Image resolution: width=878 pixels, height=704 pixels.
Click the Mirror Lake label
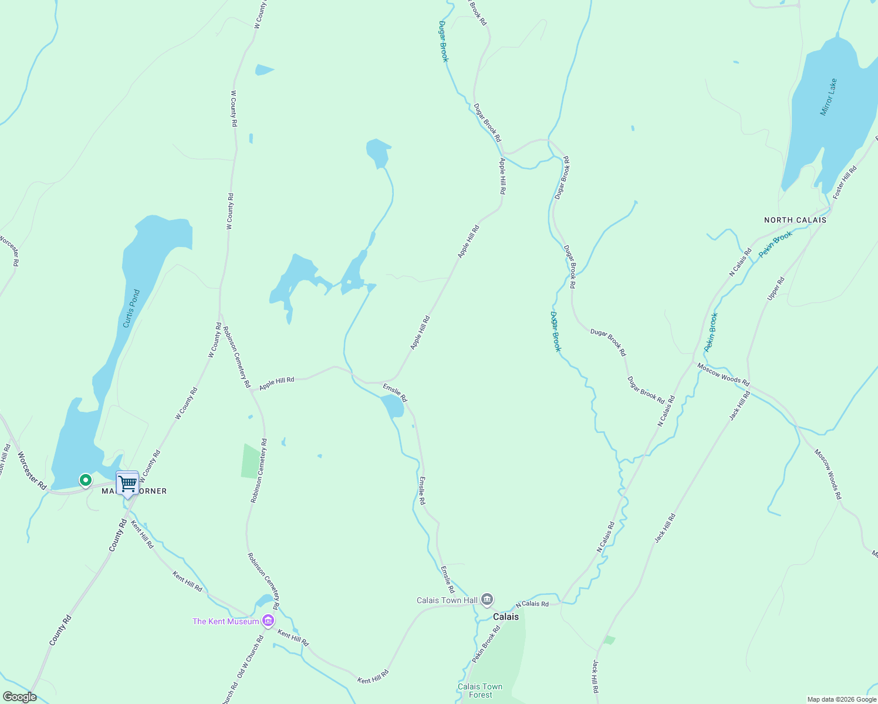pyautogui.click(x=828, y=97)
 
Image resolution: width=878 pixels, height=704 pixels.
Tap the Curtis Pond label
pyautogui.click(x=131, y=309)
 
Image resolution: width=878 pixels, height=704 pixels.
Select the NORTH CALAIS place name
pyautogui.click(x=795, y=220)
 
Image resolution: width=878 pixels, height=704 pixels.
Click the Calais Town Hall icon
pyautogui.click(x=487, y=600)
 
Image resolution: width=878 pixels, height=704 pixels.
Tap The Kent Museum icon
pyautogui.click(x=268, y=621)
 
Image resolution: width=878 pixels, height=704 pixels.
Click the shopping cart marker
pyautogui.click(x=127, y=484)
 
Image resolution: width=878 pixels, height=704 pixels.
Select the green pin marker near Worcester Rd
pyautogui.click(x=86, y=480)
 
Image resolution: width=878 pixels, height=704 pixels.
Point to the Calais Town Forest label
pyautogui.click(x=480, y=691)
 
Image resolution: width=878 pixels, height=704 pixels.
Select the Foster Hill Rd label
pyautogui.click(x=845, y=182)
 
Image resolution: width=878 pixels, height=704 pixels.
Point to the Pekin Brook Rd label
pyautogui.click(x=486, y=644)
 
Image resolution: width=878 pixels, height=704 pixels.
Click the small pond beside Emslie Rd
pyautogui.click(x=393, y=406)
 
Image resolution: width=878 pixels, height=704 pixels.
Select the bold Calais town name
pyautogui.click(x=505, y=617)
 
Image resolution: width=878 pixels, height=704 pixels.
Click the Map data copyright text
pyautogui.click(x=841, y=699)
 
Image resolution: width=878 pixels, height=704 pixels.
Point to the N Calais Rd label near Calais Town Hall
pyautogui.click(x=532, y=604)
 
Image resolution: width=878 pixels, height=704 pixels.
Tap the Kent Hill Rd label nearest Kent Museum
pyautogui.click(x=293, y=638)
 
